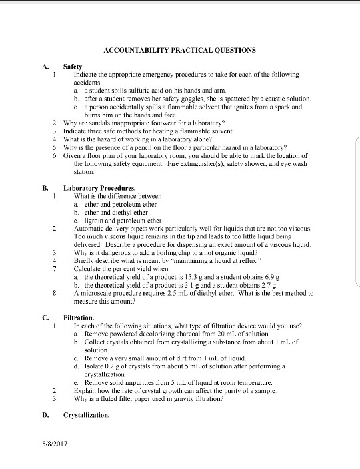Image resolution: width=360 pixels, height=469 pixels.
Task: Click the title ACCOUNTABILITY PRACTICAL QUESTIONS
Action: pos(179,51)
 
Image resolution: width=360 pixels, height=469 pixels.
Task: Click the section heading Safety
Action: pos(73,67)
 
